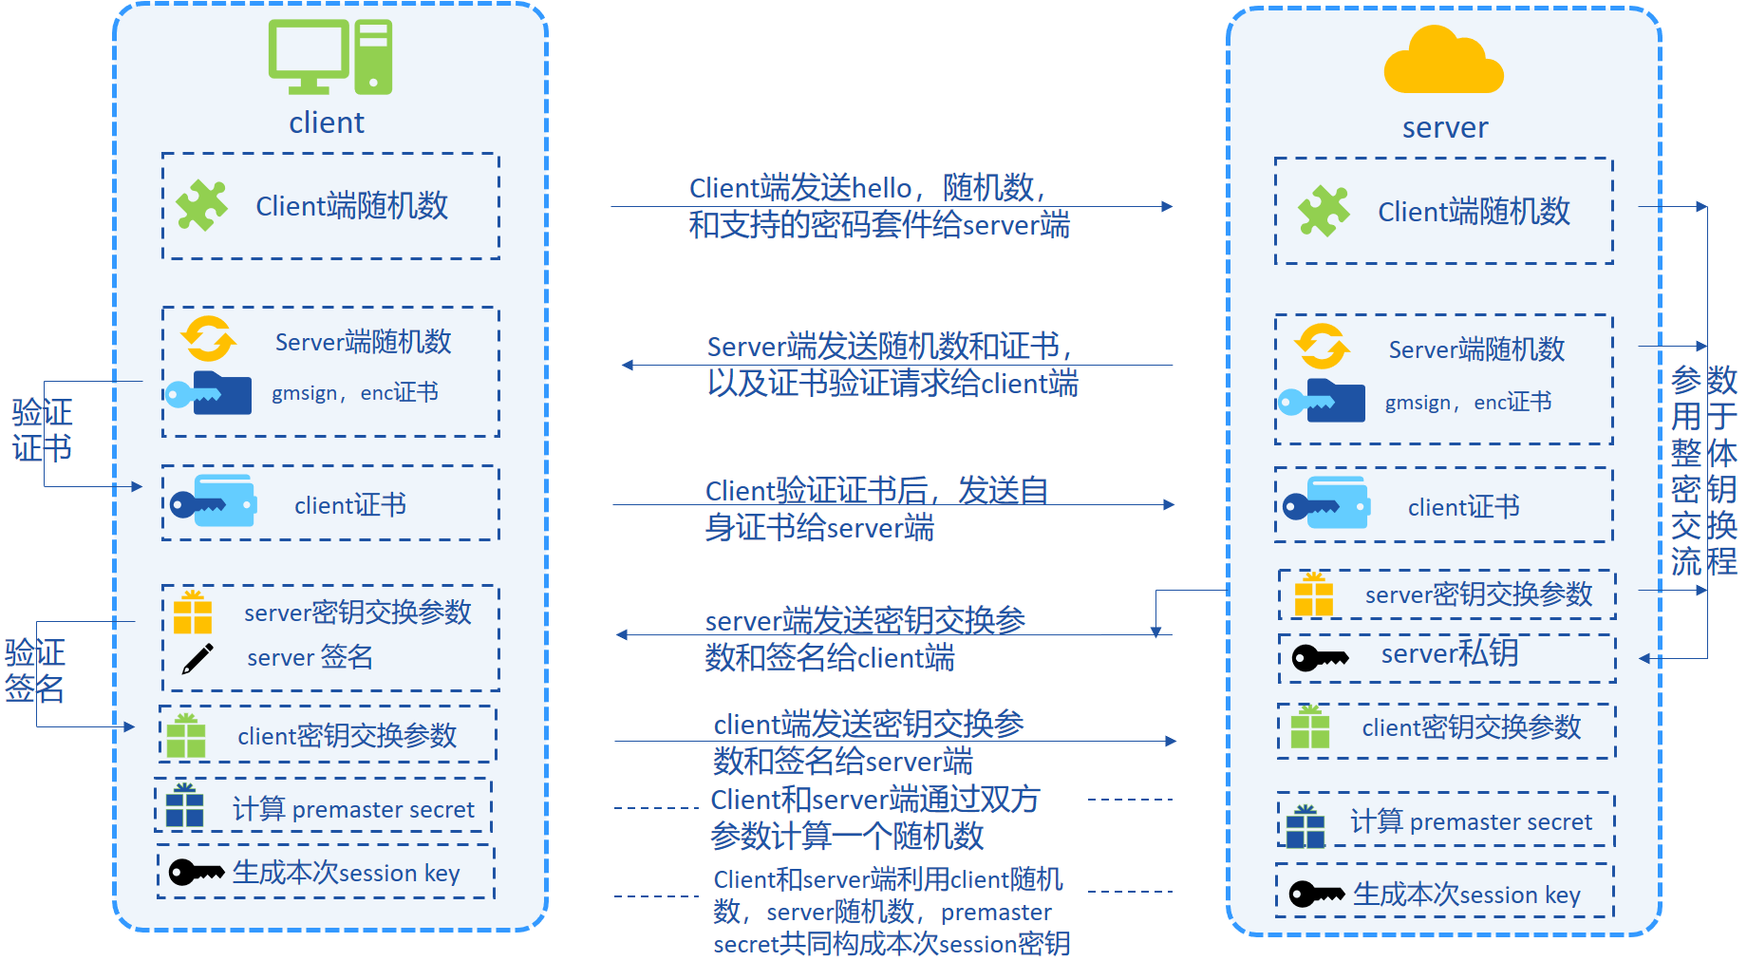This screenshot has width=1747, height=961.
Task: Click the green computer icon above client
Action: point(329,57)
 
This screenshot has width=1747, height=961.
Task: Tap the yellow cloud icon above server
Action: point(1443,60)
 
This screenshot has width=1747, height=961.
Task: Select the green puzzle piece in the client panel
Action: point(202,205)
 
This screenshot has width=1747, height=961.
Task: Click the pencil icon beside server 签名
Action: point(197,658)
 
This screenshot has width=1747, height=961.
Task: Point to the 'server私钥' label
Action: point(1450,653)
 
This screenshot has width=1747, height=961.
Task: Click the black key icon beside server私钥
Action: point(1321,657)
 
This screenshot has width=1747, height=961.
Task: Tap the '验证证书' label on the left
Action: point(42,430)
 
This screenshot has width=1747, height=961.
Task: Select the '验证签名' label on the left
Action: point(35,670)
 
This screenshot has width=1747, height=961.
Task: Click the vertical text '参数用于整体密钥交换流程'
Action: point(1704,471)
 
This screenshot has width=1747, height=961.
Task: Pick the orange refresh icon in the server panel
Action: point(1322,347)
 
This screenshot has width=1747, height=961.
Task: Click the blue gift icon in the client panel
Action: point(185,805)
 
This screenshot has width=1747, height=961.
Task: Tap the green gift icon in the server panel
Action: point(1310,727)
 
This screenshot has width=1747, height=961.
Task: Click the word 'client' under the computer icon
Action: point(327,123)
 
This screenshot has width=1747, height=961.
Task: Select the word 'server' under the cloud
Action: point(1445,128)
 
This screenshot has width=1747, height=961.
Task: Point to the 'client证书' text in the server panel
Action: point(1464,507)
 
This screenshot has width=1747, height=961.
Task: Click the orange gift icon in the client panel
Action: point(193,612)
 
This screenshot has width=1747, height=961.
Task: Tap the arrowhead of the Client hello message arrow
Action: point(1167,206)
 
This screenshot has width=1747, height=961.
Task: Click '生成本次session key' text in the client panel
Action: point(347,873)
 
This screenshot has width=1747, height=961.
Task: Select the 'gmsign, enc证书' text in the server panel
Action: point(1469,403)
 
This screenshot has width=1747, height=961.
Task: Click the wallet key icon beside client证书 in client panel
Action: point(214,501)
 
